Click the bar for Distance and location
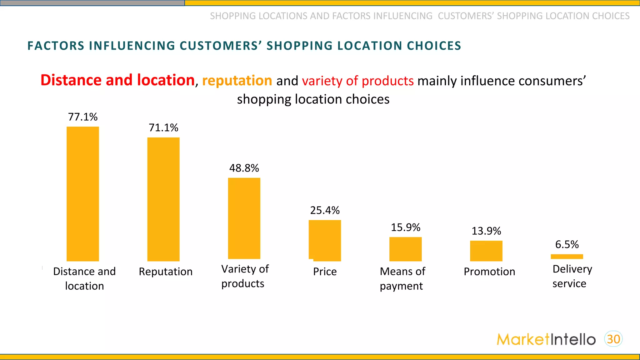pos(83,194)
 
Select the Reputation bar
pos(163,199)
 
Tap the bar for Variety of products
pos(244,218)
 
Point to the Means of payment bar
pos(405,249)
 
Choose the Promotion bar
pos(486,251)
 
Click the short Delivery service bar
pos(567,257)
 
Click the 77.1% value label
pos(83,117)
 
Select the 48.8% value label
pos(244,168)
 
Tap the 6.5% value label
pos(567,244)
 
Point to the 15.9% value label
pos(405,227)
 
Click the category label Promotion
pos(489,272)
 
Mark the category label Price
pos(325,272)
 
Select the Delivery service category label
pos(572,276)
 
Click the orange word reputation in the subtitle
pos(237,81)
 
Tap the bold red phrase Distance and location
pos(117,80)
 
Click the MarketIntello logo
pos(546,339)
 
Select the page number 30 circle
pos(613,339)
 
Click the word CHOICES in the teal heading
pos(434,46)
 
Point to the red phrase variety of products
pos(358,81)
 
